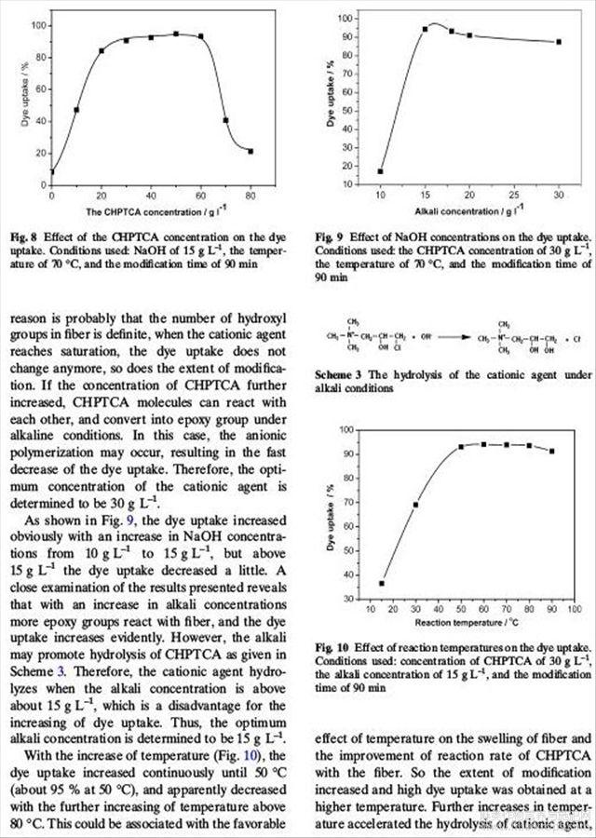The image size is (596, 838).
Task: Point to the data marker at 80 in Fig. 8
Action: (251, 151)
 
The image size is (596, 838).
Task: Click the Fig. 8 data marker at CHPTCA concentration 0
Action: (52, 171)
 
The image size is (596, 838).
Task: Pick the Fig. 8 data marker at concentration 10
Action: (76, 110)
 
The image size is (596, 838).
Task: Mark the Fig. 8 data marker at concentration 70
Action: (225, 120)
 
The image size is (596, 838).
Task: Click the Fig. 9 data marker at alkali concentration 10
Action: (381, 171)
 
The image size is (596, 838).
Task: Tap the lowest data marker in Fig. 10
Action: (382, 584)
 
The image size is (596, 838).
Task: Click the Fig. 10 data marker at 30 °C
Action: (415, 505)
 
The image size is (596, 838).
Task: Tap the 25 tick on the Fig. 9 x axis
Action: (515, 196)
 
